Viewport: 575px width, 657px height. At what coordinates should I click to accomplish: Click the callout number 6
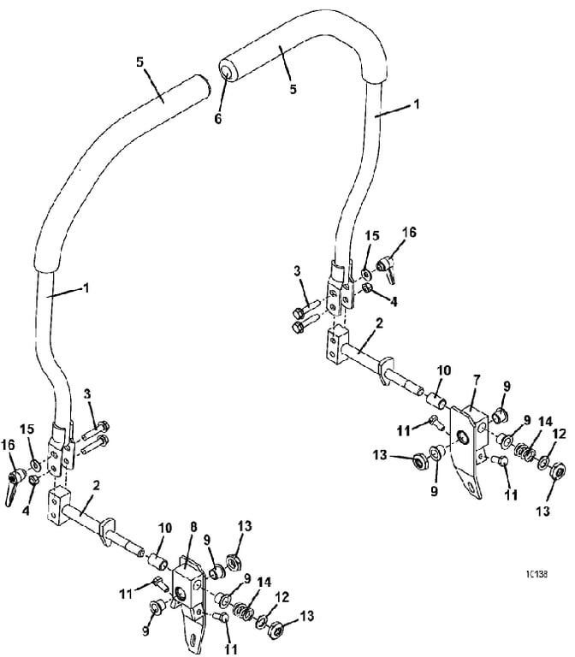(x=218, y=119)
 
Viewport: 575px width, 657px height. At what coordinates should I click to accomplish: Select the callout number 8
(x=193, y=528)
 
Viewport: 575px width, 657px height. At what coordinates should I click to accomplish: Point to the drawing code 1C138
(x=536, y=574)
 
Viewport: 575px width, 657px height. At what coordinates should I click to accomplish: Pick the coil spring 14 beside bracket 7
(x=523, y=453)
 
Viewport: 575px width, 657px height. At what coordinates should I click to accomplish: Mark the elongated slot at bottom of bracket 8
(x=193, y=641)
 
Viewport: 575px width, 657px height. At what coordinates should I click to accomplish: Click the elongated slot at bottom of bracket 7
(x=471, y=488)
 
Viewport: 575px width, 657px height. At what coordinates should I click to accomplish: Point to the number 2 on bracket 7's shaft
(x=380, y=324)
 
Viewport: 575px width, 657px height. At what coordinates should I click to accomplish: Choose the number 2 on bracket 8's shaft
(x=97, y=486)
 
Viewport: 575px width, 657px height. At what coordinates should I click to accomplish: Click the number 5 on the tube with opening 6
(x=293, y=89)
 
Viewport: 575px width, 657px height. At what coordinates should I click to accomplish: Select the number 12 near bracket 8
(x=282, y=597)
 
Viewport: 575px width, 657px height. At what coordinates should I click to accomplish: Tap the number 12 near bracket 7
(x=559, y=434)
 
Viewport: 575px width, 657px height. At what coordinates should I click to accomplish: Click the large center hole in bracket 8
(x=181, y=593)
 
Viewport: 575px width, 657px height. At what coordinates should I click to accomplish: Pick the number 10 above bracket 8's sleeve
(x=165, y=528)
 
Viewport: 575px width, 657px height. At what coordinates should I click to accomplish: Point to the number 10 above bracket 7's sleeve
(x=444, y=370)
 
